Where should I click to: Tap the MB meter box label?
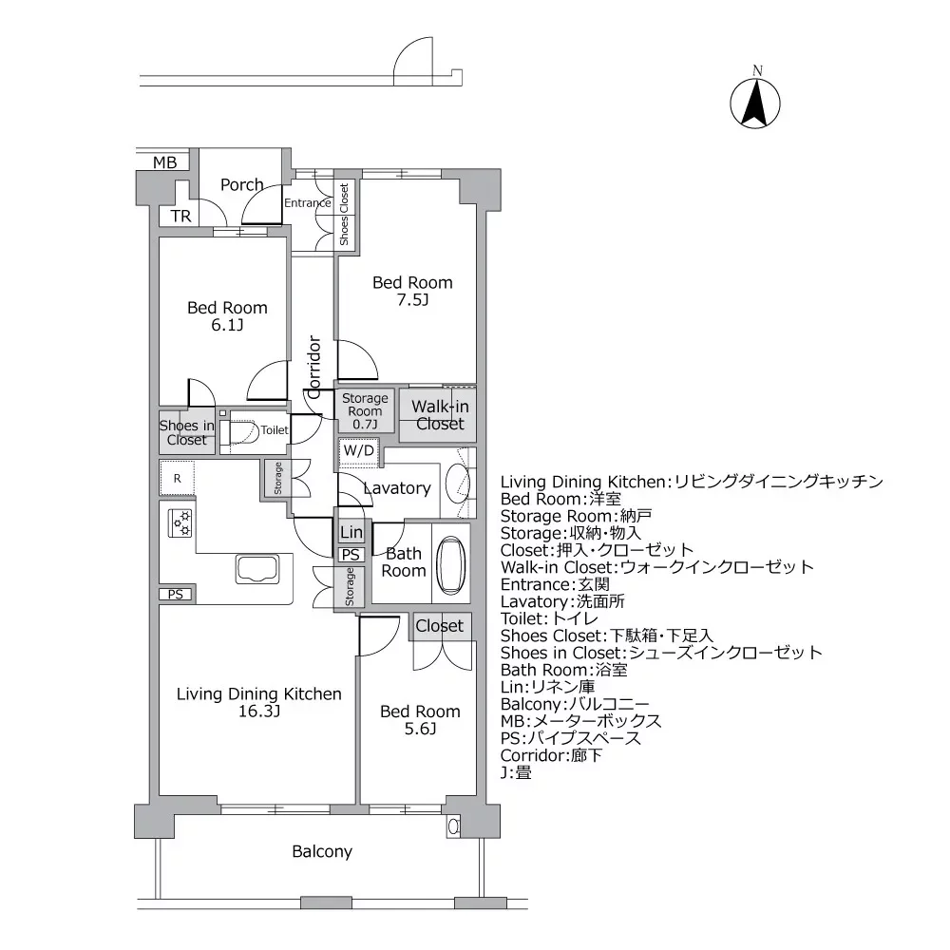[x=165, y=162]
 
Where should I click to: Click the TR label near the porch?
[x=180, y=217]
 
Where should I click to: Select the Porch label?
[x=241, y=184]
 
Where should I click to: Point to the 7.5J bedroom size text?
[x=412, y=300]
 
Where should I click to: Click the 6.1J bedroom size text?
[x=227, y=325]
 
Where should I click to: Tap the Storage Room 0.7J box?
[x=365, y=411]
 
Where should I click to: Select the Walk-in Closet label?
[x=439, y=415]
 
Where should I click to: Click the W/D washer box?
[x=358, y=449]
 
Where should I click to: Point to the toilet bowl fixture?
[x=243, y=431]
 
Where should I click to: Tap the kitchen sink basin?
[x=256, y=570]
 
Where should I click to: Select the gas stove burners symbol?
[x=180, y=522]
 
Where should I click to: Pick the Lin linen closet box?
[x=351, y=533]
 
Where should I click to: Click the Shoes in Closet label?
[x=186, y=432]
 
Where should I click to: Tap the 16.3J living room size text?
[x=258, y=712]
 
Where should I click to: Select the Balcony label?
[x=322, y=851]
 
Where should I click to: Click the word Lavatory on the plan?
[x=397, y=488]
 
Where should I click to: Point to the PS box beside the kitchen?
[x=176, y=595]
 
